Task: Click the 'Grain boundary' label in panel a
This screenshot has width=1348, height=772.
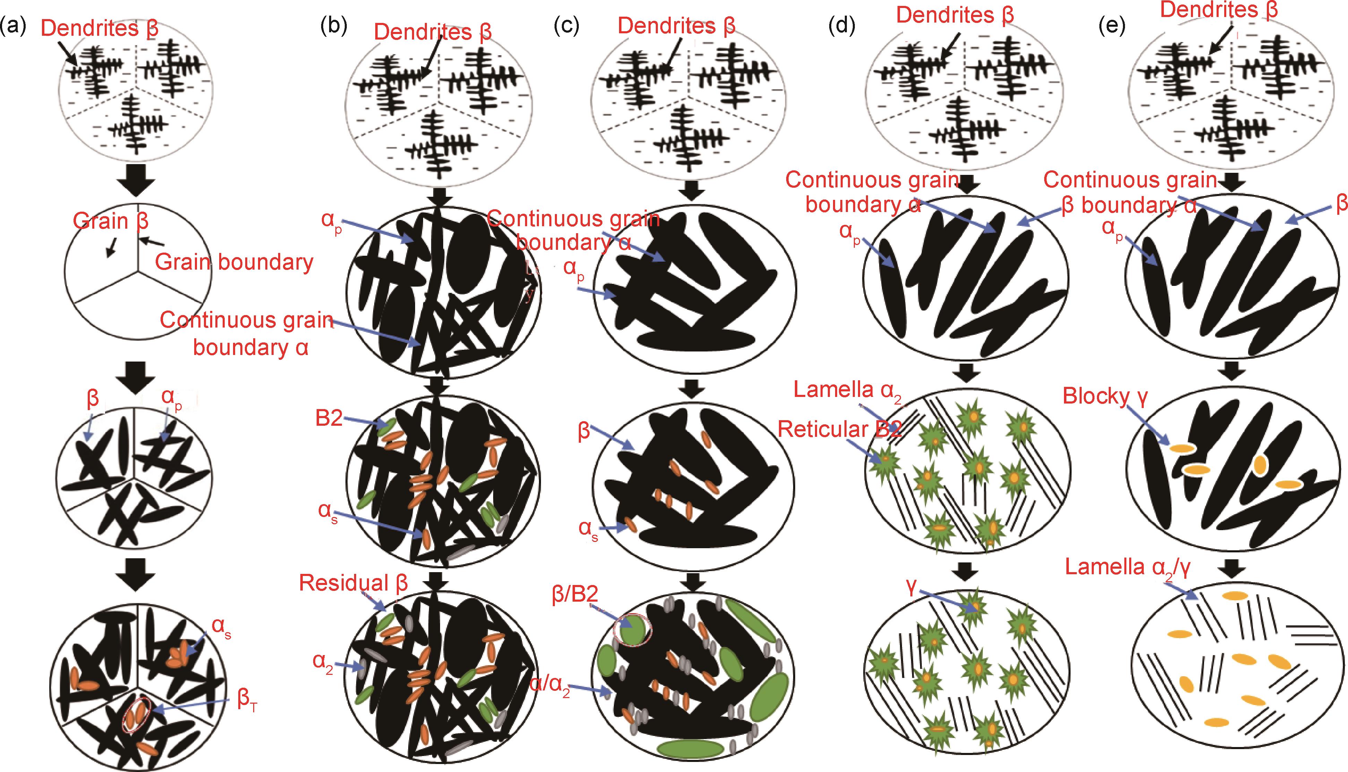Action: pos(234,262)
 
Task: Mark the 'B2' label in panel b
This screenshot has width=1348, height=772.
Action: pos(329,418)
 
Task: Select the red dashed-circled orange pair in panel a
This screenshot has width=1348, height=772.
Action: pos(136,714)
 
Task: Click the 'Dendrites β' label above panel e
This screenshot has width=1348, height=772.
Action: pos(1219,10)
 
